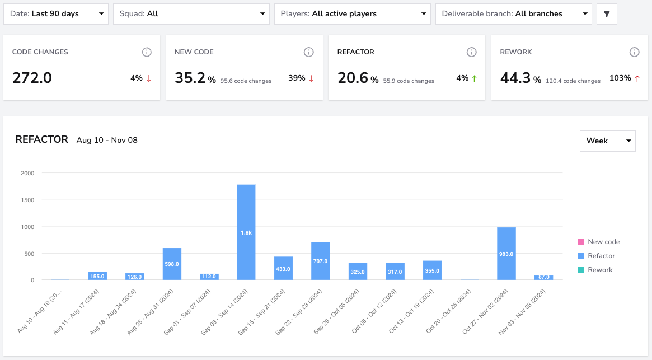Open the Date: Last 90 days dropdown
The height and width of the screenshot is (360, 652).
56,14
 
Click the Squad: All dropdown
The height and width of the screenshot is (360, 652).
191,14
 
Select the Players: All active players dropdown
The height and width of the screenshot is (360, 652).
352,14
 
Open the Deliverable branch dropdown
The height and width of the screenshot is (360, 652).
514,14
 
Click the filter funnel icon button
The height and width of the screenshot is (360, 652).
607,14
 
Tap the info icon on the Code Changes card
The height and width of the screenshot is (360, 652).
147,52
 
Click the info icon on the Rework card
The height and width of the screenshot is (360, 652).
634,52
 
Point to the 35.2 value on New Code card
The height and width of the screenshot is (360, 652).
190,78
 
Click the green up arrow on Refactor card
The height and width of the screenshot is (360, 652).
475,78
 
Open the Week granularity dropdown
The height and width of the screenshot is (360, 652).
608,141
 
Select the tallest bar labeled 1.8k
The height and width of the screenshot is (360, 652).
246,232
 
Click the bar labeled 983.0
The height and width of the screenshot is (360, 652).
506,254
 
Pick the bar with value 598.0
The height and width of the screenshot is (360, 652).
172,264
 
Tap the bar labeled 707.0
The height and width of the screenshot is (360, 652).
321,261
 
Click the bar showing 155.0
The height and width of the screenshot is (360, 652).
97,276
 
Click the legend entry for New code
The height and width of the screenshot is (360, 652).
599,242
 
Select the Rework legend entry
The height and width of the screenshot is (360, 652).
595,270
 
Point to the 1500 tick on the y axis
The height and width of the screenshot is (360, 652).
27,200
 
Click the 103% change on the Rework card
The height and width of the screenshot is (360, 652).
620,78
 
